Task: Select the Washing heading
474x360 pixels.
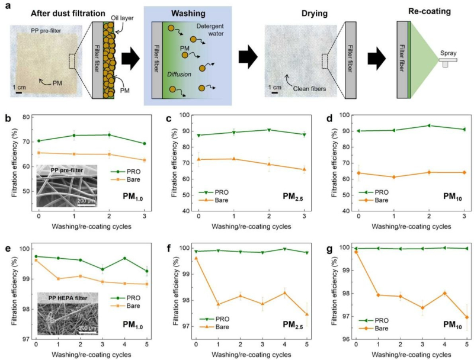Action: [188, 11]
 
